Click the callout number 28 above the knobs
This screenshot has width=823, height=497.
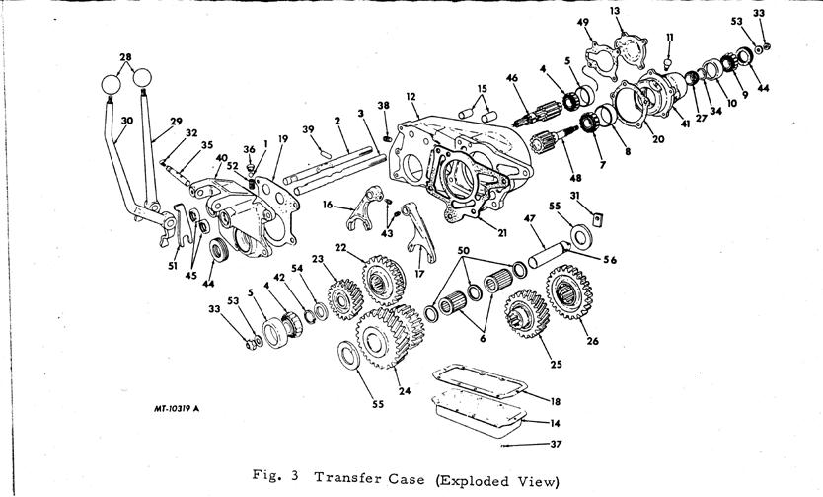pyautogui.click(x=125, y=57)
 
